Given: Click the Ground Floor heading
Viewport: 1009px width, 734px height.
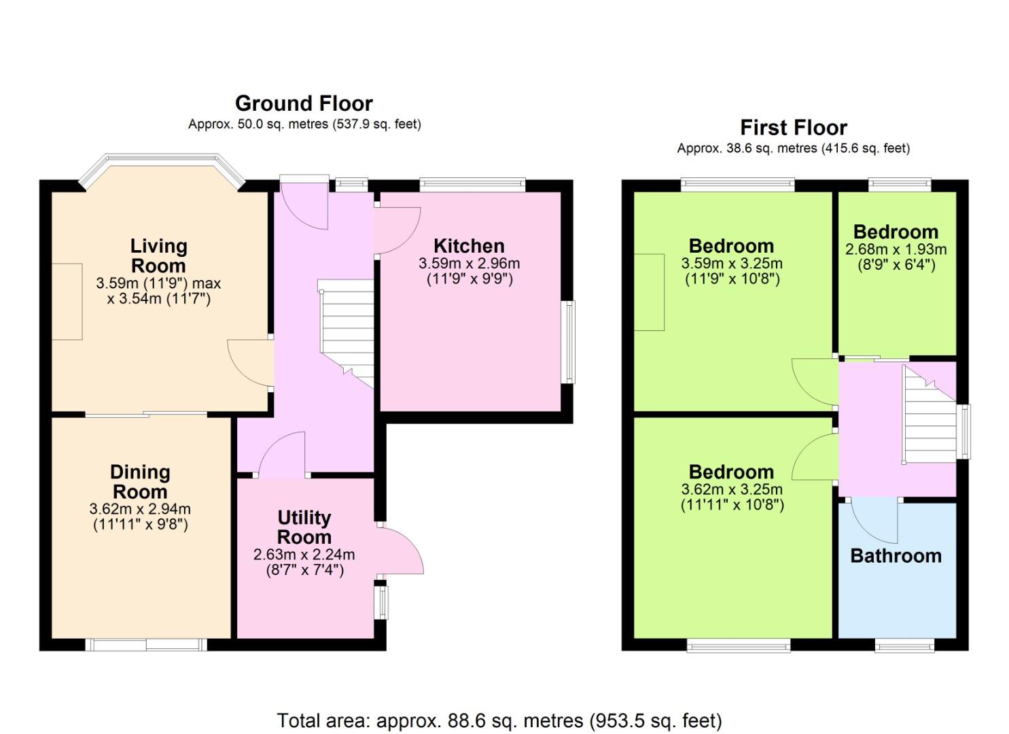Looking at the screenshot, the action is click(x=304, y=104).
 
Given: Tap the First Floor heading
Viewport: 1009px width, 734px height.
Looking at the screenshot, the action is click(x=794, y=128).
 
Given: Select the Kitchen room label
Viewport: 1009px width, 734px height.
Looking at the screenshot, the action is click(x=469, y=246).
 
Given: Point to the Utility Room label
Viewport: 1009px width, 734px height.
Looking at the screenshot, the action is click(x=304, y=527).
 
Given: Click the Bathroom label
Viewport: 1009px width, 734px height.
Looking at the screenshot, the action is click(x=896, y=556).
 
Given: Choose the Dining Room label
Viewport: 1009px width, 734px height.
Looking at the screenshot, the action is click(x=140, y=482).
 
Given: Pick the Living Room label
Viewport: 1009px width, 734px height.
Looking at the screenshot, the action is click(x=158, y=256).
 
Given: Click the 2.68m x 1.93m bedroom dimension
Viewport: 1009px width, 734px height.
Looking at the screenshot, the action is click(x=896, y=249).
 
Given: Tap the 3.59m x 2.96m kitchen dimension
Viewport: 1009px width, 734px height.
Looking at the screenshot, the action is click(x=469, y=263).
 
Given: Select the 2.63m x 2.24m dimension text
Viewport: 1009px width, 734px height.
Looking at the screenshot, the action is click(x=304, y=555).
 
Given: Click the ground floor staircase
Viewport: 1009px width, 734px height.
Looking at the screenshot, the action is click(x=346, y=334).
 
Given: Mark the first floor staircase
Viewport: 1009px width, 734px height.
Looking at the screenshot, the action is click(x=929, y=415).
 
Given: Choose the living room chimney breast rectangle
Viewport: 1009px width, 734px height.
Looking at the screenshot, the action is click(x=67, y=302).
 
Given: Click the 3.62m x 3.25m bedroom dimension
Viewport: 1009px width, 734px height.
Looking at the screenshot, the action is click(x=732, y=489).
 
